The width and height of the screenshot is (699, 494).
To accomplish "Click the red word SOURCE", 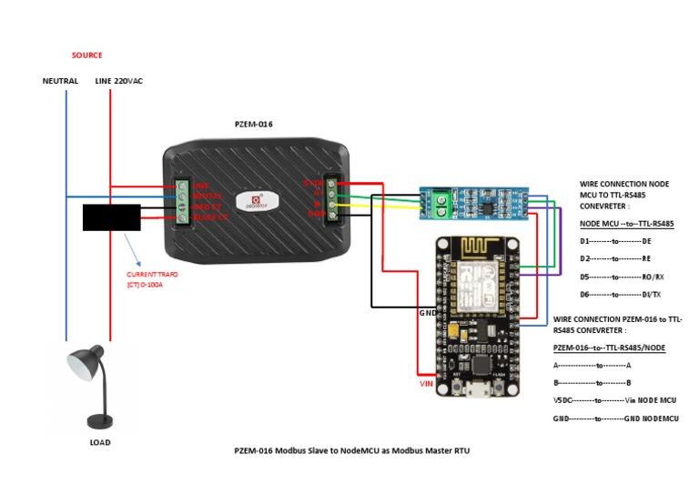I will (x=87, y=55).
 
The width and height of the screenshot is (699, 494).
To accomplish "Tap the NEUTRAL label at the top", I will (x=60, y=81).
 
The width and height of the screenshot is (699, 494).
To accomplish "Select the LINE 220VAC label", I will (x=118, y=81).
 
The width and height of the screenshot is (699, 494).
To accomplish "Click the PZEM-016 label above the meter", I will (x=254, y=124).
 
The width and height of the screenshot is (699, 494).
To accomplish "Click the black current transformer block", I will (x=111, y=217).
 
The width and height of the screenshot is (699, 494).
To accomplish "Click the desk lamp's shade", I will (x=85, y=366).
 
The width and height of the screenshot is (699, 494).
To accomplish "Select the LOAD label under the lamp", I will (x=99, y=442).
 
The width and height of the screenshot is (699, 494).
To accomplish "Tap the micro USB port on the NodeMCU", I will (x=473, y=392).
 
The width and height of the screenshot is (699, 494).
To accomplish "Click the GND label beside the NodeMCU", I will (x=427, y=312).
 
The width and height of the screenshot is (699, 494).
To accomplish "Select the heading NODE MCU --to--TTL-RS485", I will (x=626, y=224).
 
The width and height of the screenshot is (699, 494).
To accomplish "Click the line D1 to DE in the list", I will (x=615, y=241).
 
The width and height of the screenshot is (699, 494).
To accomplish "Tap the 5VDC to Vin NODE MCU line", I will (x=614, y=399).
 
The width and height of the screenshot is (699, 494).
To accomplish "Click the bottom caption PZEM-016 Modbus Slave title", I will (x=351, y=450).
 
